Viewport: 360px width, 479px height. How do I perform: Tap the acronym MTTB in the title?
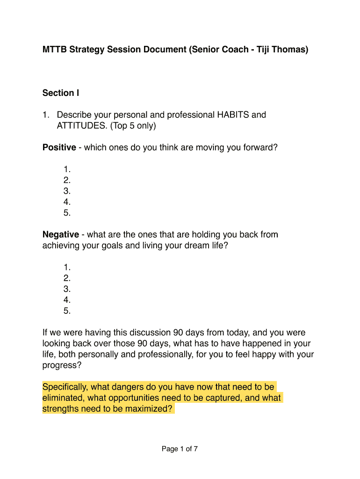tap(55, 49)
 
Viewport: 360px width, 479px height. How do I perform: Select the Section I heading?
tap(61, 93)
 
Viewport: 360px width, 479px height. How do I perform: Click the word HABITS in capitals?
tap(233, 115)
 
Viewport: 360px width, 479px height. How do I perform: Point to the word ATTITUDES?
tap(80, 126)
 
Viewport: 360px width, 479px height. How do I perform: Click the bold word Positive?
tap(59, 148)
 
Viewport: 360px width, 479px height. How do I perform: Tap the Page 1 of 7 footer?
tap(180, 449)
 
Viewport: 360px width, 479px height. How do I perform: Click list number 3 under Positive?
tap(67, 191)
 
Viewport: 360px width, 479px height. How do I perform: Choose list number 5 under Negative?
tap(67, 311)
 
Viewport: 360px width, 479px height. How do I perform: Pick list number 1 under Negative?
tap(67, 268)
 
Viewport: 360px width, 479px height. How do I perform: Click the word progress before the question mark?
tap(59, 365)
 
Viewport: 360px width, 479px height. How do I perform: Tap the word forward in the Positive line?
tap(258, 148)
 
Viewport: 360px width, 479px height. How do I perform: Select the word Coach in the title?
tap(232, 49)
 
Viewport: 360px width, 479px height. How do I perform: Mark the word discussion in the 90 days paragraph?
tap(148, 333)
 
